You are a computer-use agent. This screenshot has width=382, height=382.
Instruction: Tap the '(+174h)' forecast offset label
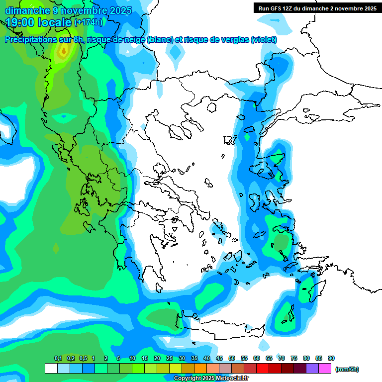89,22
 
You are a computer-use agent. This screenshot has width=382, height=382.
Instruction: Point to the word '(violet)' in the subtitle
264,40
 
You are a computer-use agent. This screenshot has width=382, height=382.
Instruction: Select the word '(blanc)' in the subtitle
159,40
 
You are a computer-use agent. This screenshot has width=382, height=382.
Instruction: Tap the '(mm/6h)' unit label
347,369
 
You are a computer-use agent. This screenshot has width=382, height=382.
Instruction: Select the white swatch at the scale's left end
51,369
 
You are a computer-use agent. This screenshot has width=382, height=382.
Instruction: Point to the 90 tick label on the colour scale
331,358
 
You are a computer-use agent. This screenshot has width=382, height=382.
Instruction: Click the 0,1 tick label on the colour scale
58,358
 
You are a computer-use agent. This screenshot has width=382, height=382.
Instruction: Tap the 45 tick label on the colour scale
219,358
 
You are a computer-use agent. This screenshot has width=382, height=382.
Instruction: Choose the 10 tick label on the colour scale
132,358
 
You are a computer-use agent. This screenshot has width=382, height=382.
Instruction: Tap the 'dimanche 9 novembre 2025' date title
68,10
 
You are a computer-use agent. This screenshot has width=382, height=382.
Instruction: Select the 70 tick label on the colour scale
282,358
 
